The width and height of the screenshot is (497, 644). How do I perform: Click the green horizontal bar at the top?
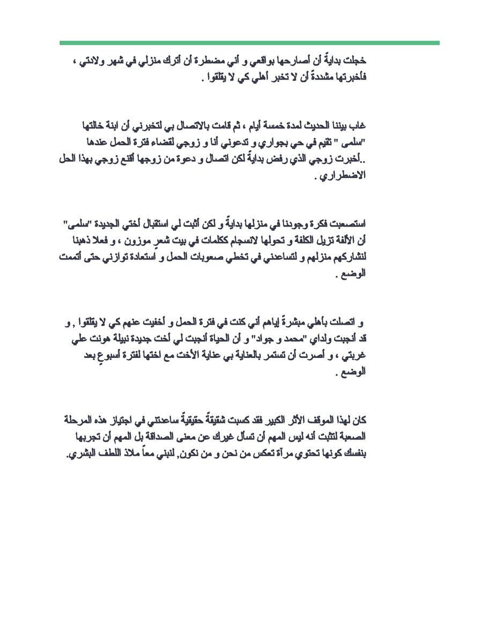tap(249, 42)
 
